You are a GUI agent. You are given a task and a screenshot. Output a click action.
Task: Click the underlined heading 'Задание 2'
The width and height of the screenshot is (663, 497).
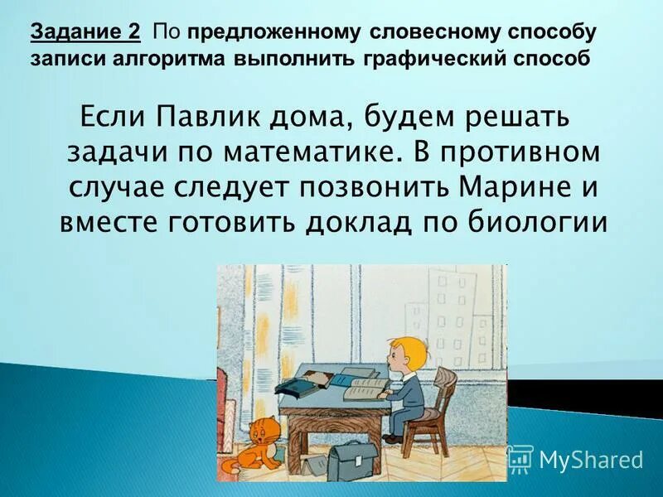[85, 32]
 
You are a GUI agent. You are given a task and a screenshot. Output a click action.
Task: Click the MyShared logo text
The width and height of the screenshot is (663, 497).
[591, 458]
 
